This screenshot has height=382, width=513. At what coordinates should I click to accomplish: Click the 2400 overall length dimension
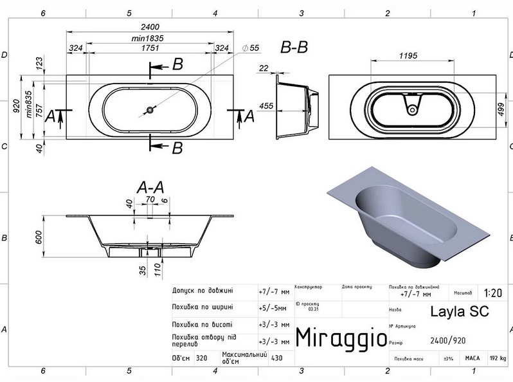tap(150, 26)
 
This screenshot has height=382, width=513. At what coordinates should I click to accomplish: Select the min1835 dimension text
tap(148, 38)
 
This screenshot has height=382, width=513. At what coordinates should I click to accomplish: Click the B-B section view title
tap(294, 47)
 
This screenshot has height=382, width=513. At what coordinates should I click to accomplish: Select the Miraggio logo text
tap(341, 336)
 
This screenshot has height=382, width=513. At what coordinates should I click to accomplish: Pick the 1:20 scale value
tap(492, 292)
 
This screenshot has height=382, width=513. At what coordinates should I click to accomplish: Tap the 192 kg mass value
tap(498, 358)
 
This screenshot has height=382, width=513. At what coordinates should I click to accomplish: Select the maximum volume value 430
tap(277, 358)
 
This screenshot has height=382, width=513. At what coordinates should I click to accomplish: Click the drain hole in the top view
tap(149, 110)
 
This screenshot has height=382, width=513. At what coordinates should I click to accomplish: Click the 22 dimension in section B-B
tap(264, 68)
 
